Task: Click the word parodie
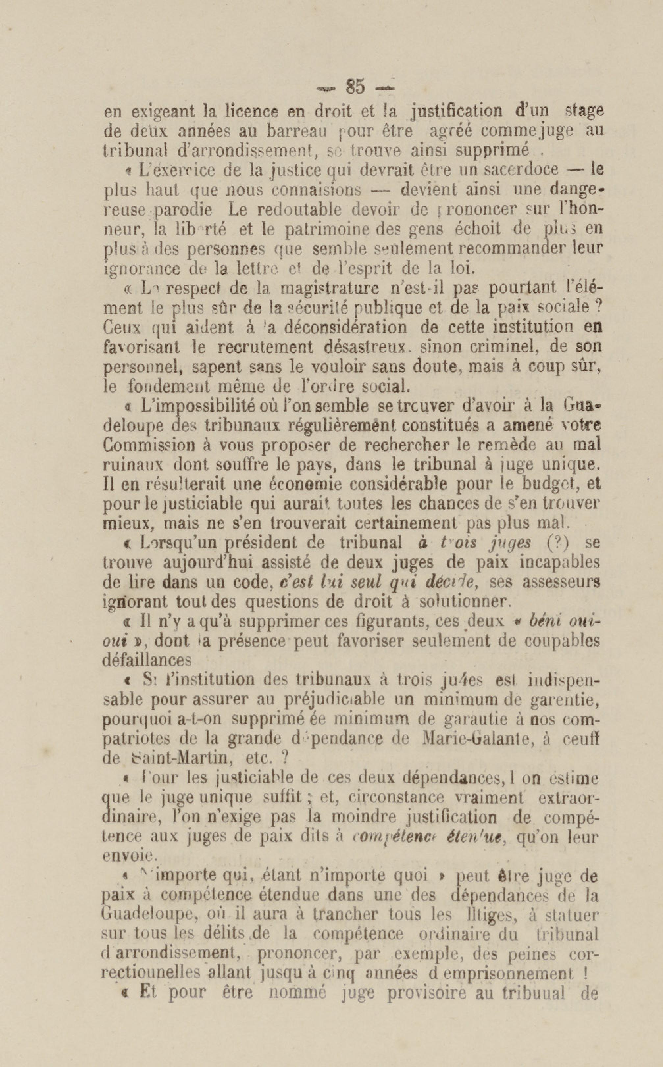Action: [184, 209]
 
